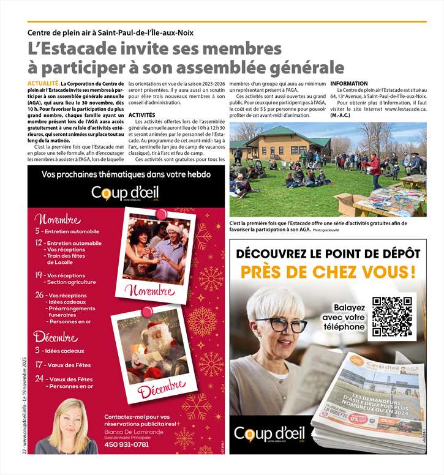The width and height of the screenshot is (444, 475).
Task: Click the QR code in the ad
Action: (x=392, y=316)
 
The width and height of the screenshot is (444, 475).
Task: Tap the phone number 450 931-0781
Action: (x=127, y=444)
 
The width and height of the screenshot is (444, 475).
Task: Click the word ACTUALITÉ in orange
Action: (x=43, y=83)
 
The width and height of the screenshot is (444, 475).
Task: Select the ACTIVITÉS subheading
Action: (x=142, y=114)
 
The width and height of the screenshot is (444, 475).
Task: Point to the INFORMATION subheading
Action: (x=349, y=83)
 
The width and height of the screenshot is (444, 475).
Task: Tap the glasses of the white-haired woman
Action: (x=282, y=324)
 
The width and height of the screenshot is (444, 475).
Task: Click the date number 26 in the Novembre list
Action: (x=39, y=295)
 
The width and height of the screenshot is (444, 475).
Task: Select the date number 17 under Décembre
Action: (x=39, y=365)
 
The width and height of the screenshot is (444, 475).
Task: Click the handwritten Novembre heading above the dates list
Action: (x=58, y=219)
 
